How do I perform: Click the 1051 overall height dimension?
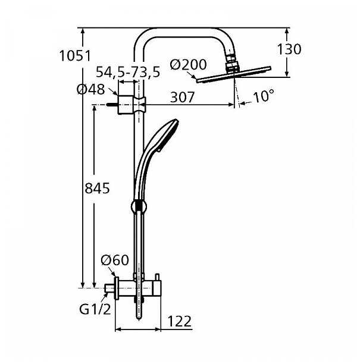coord(75,56)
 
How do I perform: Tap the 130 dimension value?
coord(289,49)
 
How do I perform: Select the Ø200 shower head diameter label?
coord(188,64)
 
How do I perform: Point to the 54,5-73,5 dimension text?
coord(128,72)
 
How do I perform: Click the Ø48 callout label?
coord(91,89)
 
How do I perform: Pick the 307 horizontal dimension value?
coord(182,97)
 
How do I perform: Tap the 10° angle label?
coord(263,96)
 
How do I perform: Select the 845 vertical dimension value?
coord(98,188)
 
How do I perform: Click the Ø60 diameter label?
coord(115,260)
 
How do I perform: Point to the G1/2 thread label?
coord(95,309)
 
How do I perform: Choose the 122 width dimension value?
coord(179,321)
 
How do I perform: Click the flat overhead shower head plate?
coord(234,74)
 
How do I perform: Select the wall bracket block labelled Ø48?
coord(126,105)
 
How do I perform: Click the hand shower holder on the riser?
coord(139,206)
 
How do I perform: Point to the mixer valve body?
coord(138,288)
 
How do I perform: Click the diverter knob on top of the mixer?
coord(158,277)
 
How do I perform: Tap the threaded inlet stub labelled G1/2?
coord(109,288)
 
